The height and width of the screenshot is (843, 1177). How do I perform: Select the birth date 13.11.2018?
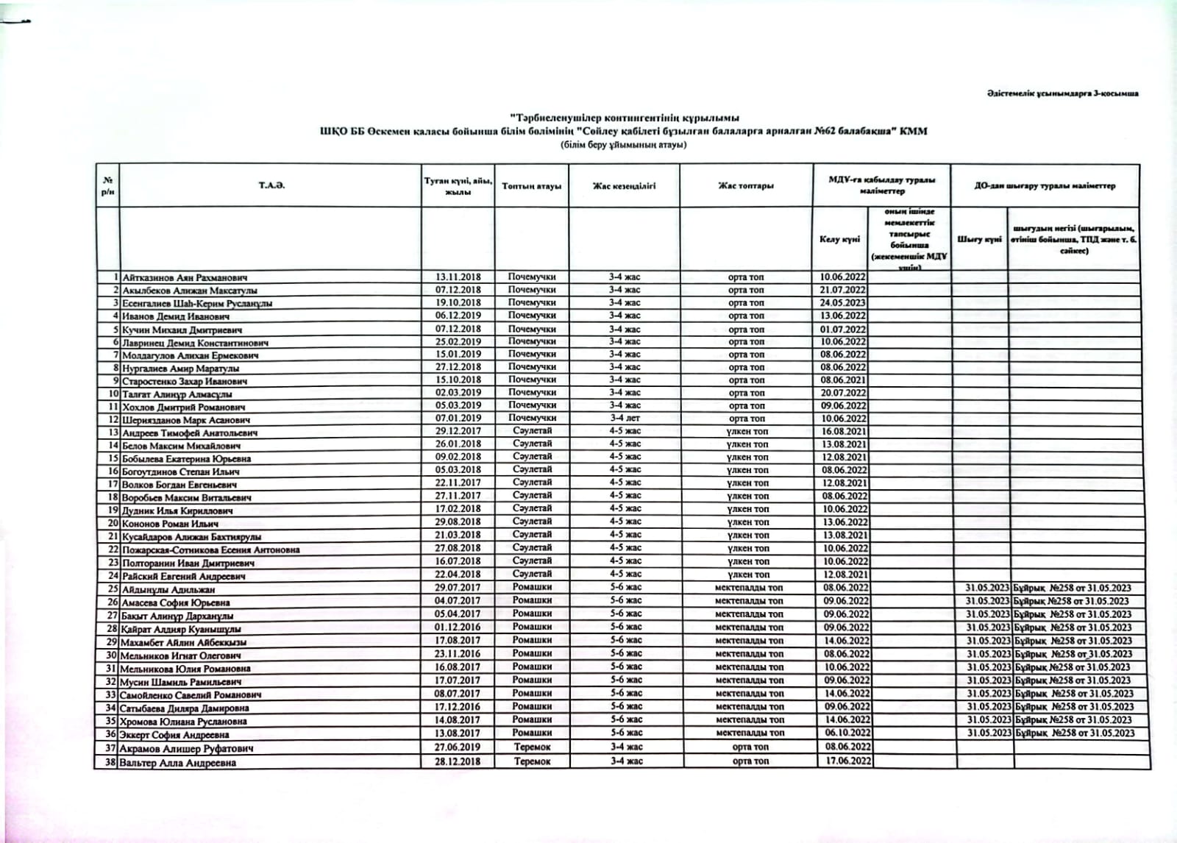point(458,277)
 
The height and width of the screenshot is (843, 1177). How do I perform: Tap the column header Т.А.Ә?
point(271,185)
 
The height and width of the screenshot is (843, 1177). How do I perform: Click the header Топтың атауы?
point(531,186)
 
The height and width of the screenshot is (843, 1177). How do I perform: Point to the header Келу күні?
point(839,239)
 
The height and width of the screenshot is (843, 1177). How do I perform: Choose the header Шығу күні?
point(979,239)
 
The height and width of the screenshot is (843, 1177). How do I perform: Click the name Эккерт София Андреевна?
point(176,734)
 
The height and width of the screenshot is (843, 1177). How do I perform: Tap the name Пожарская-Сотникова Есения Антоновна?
point(210,549)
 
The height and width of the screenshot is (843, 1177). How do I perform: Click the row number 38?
point(111,762)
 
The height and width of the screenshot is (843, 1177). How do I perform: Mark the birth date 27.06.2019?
point(458,747)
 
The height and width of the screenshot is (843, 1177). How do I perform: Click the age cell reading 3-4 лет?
point(625,418)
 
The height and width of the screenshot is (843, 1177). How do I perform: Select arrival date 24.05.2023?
point(843,302)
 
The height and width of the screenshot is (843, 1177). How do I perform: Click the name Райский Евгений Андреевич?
point(183,576)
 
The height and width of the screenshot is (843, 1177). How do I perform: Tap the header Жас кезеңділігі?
point(624,186)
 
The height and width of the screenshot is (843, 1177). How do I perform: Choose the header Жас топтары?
point(746,186)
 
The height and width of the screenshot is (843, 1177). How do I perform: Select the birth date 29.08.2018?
point(458,522)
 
